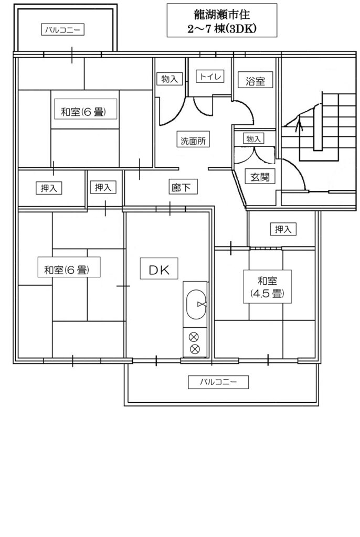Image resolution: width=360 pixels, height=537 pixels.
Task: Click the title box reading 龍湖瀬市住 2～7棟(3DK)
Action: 222,20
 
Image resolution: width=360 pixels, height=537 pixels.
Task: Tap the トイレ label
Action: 210,76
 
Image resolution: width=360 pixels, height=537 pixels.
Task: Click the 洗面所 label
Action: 193,141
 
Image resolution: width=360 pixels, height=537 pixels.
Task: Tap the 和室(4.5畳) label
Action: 268,287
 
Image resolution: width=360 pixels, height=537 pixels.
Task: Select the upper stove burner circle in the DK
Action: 194,337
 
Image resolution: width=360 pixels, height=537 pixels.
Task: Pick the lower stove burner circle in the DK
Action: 194,349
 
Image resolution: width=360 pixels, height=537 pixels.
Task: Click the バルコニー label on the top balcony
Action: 63,30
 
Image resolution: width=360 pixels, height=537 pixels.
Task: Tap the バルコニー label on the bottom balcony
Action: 218,382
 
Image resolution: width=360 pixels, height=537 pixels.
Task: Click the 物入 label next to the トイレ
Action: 170,79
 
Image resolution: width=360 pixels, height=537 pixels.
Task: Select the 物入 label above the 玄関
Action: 253,138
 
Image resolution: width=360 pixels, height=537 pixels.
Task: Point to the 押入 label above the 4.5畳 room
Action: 283,229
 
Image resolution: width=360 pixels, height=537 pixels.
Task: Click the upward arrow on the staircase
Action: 300,124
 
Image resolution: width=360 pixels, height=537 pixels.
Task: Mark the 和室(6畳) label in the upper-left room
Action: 86,112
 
